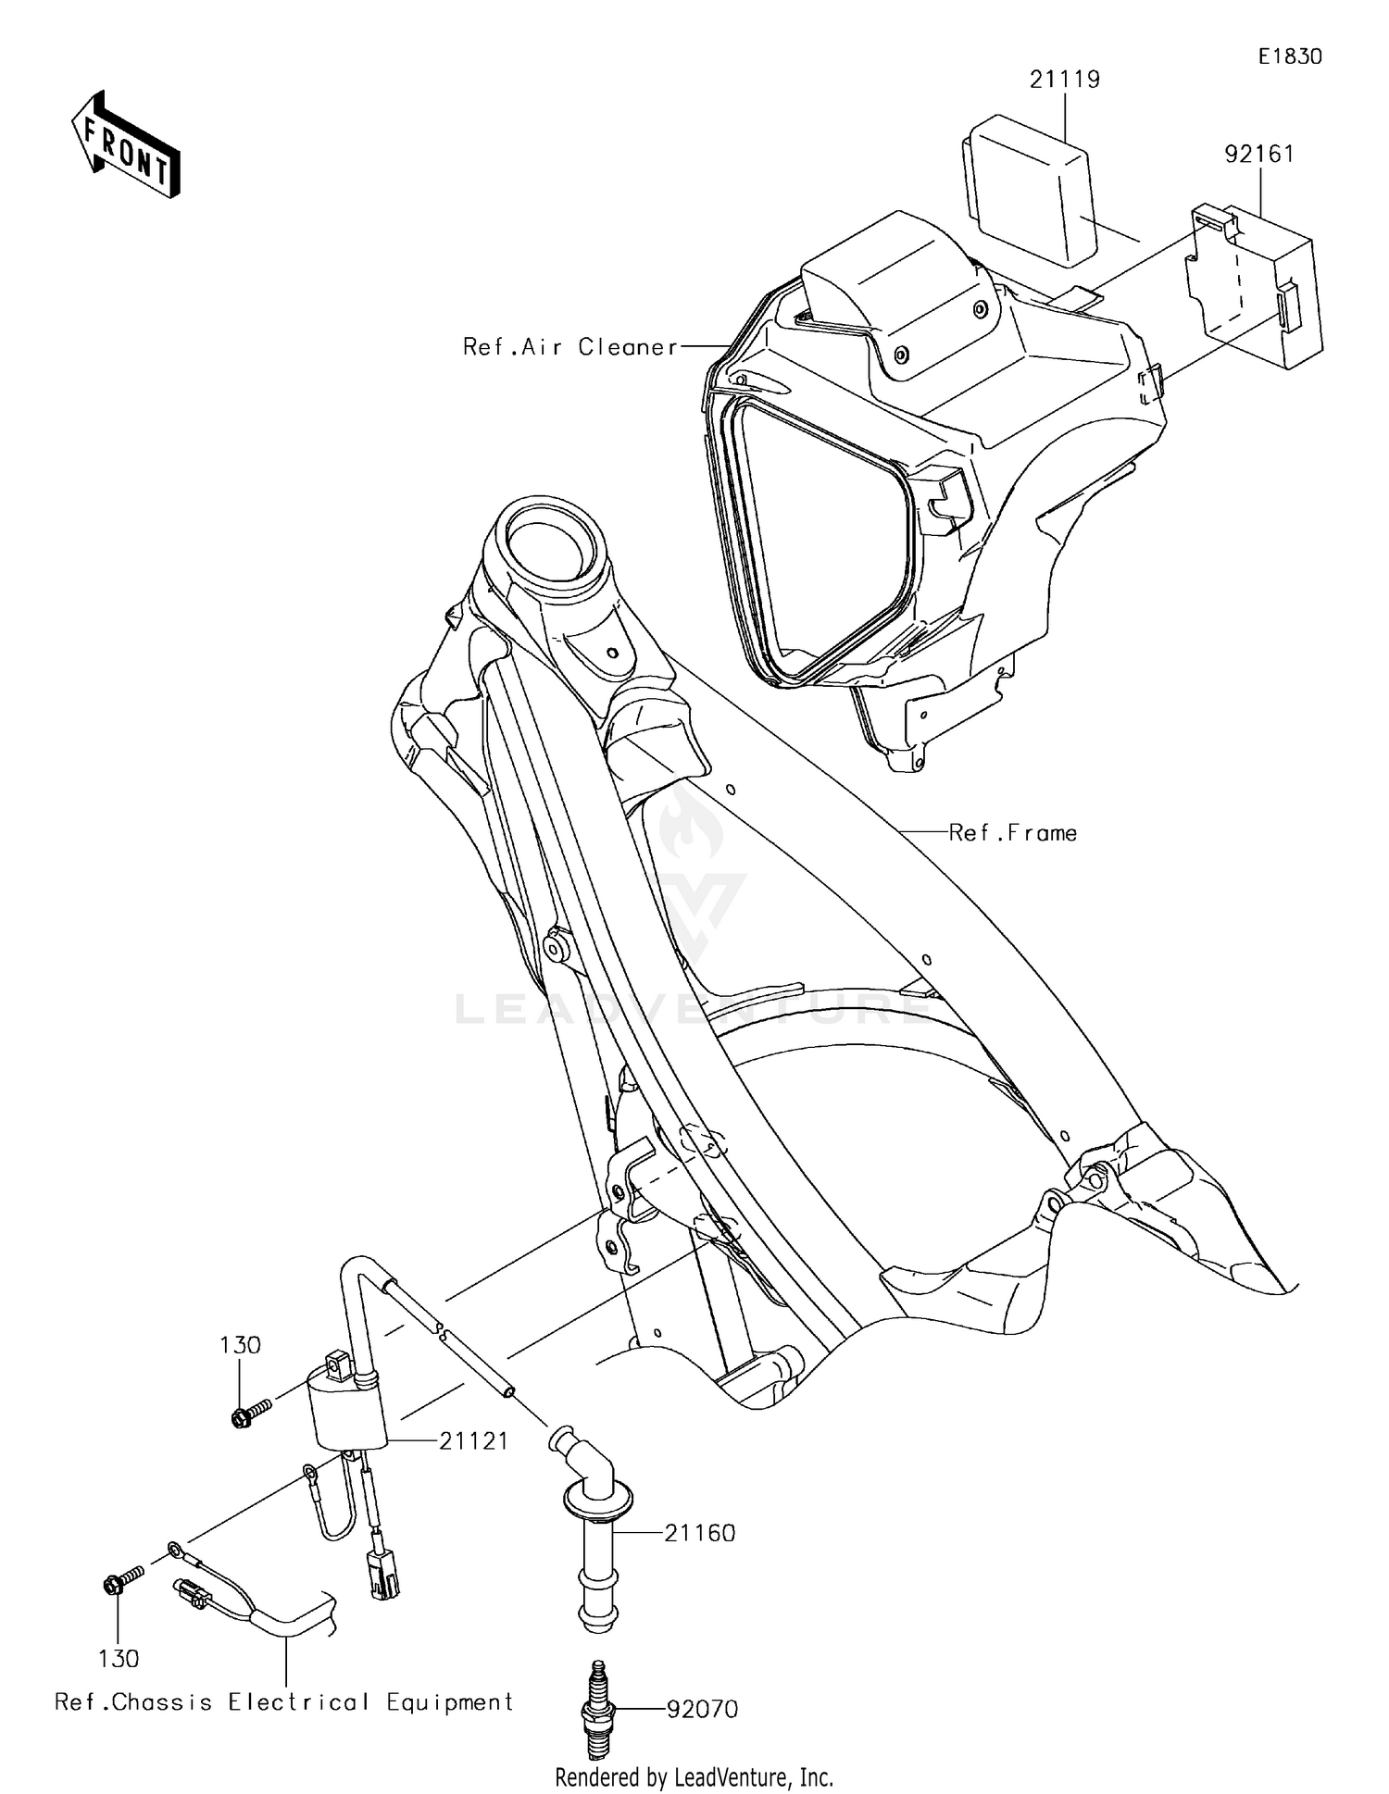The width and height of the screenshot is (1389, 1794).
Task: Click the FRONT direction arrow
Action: pyautogui.click(x=125, y=146)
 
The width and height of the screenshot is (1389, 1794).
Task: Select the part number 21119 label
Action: pyautogui.click(x=1065, y=80)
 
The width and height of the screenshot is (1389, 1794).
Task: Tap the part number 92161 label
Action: pyautogui.click(x=1259, y=154)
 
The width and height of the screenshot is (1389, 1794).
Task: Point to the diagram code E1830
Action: pyautogui.click(x=1290, y=56)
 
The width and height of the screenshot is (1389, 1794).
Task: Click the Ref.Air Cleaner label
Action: pyautogui.click(x=570, y=347)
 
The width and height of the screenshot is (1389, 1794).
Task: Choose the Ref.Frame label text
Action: pyautogui.click(x=1013, y=833)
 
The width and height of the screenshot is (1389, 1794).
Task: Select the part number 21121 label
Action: pyautogui.click(x=473, y=1441)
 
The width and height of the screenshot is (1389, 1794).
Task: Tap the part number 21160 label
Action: pyautogui.click(x=699, y=1533)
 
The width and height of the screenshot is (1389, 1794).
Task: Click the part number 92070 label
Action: pyautogui.click(x=702, y=1709)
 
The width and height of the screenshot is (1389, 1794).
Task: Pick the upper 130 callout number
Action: pyautogui.click(x=240, y=1345)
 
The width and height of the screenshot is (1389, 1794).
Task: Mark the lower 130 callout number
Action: pyautogui.click(x=119, y=1659)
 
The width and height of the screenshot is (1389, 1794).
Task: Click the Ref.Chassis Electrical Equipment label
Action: pyautogui.click(x=283, y=1701)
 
